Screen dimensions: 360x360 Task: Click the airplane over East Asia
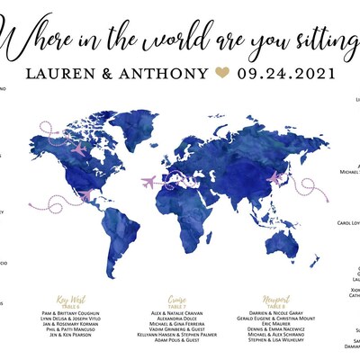pyautogui.click(x=274, y=178)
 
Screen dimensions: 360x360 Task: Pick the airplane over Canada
pyautogui.click(x=79, y=148)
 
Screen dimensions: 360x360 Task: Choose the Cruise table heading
pyautogui.click(x=177, y=299)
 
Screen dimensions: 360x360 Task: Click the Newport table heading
pyautogui.click(x=276, y=299)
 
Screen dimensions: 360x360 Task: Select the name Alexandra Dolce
pyautogui.click(x=177, y=318)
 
